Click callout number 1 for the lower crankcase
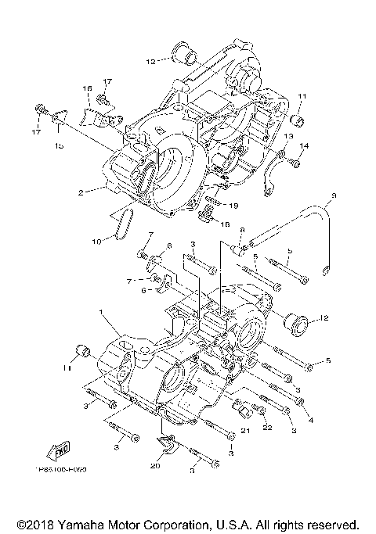(x=100, y=312)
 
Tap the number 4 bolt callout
(x=311, y=421)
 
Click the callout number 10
(x=95, y=242)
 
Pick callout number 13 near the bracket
(x=287, y=136)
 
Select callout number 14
(x=305, y=146)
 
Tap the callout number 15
(x=60, y=146)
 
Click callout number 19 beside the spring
(x=233, y=205)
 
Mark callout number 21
(x=244, y=430)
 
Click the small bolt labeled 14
(x=294, y=163)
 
